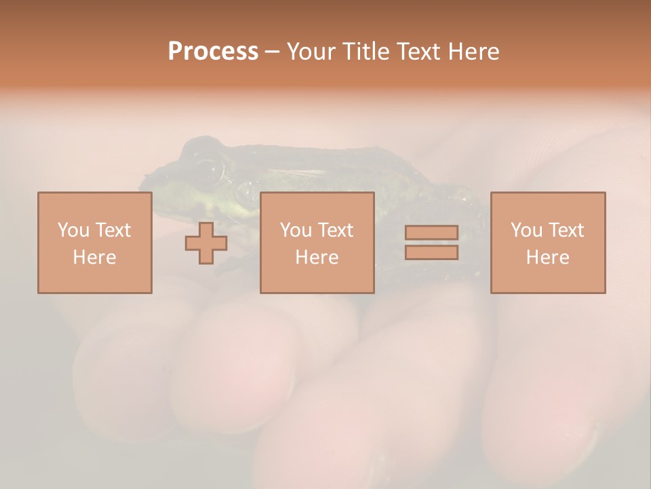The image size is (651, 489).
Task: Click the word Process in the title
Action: click(x=213, y=52)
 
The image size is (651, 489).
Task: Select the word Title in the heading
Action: click(x=366, y=52)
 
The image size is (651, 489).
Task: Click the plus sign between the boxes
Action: click(x=206, y=242)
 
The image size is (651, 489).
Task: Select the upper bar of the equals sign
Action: click(x=431, y=233)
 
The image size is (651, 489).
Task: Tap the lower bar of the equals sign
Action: click(x=431, y=253)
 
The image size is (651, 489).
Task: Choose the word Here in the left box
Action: click(x=94, y=257)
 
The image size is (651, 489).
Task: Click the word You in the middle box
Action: click(x=296, y=230)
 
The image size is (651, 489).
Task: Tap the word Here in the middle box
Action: click(x=317, y=257)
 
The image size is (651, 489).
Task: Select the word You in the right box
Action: click(x=526, y=230)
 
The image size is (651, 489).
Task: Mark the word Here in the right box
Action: click(x=547, y=257)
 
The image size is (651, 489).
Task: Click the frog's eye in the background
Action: click(x=212, y=170)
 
